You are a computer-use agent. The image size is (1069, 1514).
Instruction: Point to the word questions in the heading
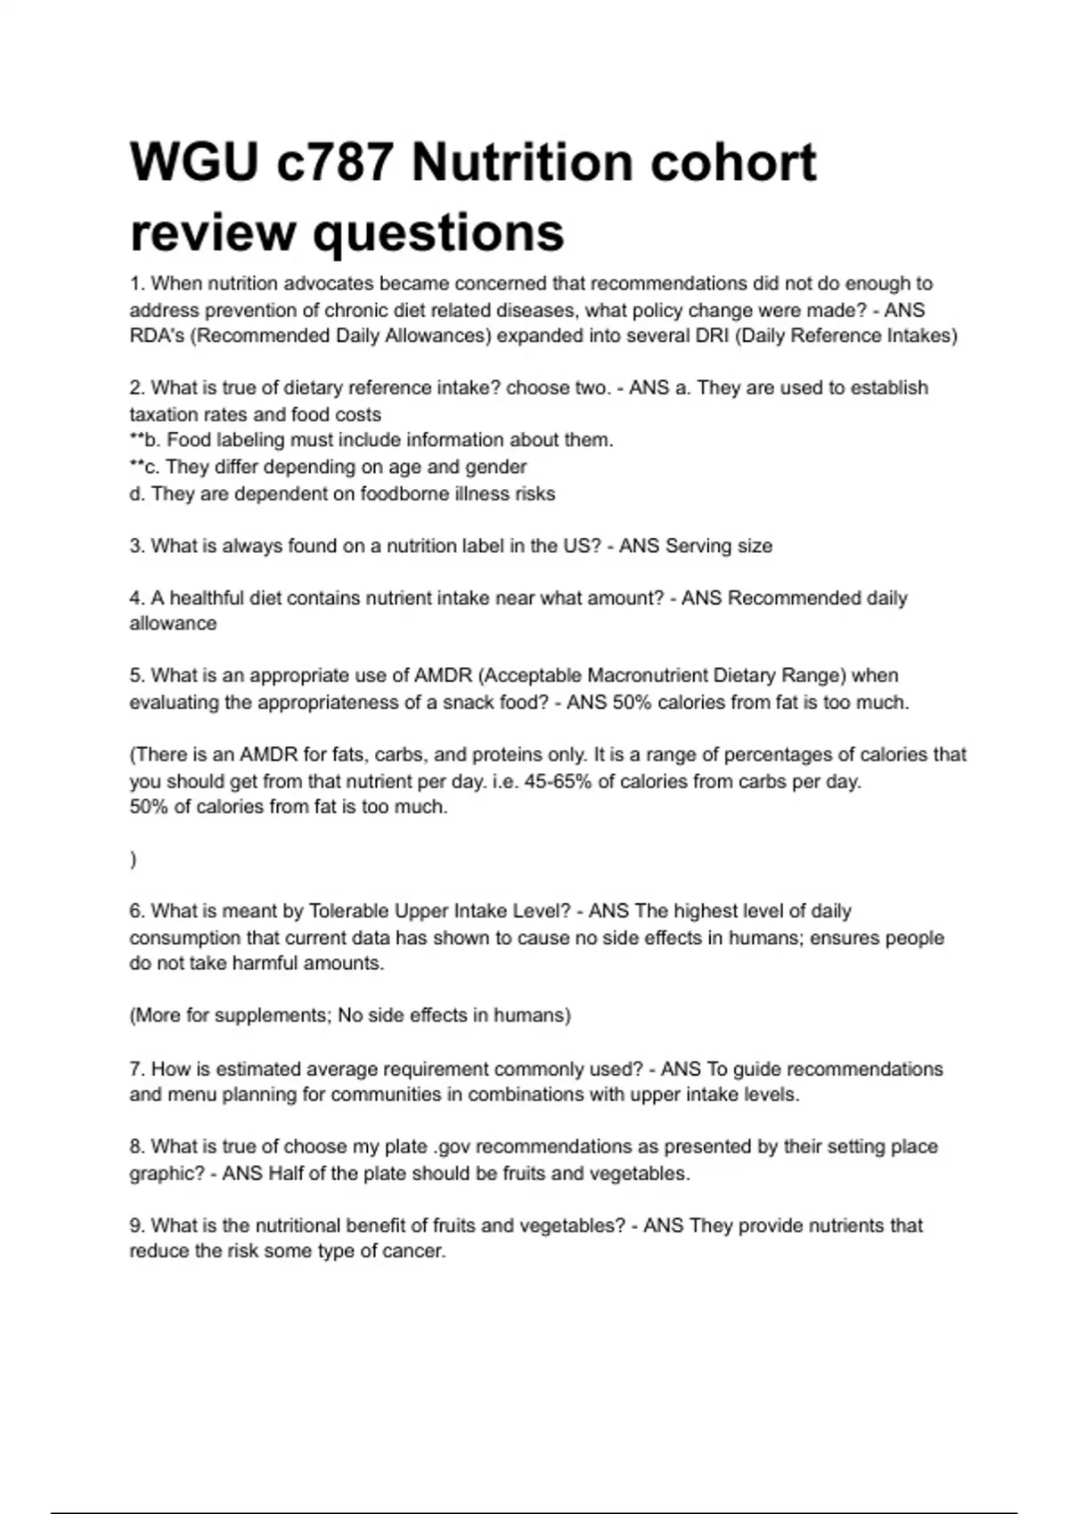tap(437, 232)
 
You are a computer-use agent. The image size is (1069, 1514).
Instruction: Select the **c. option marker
tap(144, 467)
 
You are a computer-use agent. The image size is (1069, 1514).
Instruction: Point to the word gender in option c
tap(498, 467)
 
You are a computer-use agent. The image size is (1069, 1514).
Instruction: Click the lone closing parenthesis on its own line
tap(134, 859)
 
